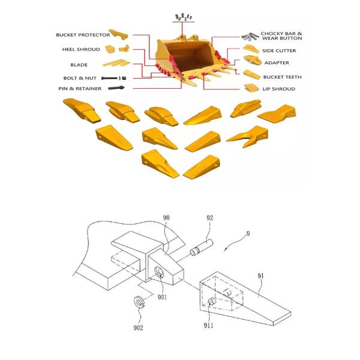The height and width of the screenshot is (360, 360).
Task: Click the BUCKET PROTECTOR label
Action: [83, 35]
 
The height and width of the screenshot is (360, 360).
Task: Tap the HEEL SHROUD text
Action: [81, 49]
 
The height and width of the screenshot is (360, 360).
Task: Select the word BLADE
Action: [79, 65]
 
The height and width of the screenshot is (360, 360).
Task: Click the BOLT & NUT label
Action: [80, 78]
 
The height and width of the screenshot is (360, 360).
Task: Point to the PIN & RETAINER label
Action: [80, 88]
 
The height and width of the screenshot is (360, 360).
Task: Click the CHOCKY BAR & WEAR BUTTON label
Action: [281, 36]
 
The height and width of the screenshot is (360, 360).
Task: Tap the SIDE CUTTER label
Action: [279, 51]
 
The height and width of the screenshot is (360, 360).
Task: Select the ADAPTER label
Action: [277, 62]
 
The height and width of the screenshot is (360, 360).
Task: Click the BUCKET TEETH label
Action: [283, 77]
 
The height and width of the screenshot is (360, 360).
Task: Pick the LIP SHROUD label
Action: [279, 89]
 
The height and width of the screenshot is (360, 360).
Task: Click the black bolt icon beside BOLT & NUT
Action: [110, 78]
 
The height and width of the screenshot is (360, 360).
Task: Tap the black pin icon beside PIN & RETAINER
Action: [116, 88]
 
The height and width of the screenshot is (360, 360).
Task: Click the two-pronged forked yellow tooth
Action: [247, 136]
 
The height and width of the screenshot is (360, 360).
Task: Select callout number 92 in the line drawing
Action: [209, 218]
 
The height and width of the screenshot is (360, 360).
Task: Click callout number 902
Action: [138, 328]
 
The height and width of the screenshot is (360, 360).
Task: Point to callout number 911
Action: [208, 325]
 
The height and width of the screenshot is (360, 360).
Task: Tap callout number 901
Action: [162, 297]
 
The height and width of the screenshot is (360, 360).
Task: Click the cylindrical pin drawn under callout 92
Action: [202, 247]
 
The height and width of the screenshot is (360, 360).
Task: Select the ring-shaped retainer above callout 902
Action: [139, 302]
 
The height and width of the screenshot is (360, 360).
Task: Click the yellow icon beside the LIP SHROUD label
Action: [251, 88]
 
